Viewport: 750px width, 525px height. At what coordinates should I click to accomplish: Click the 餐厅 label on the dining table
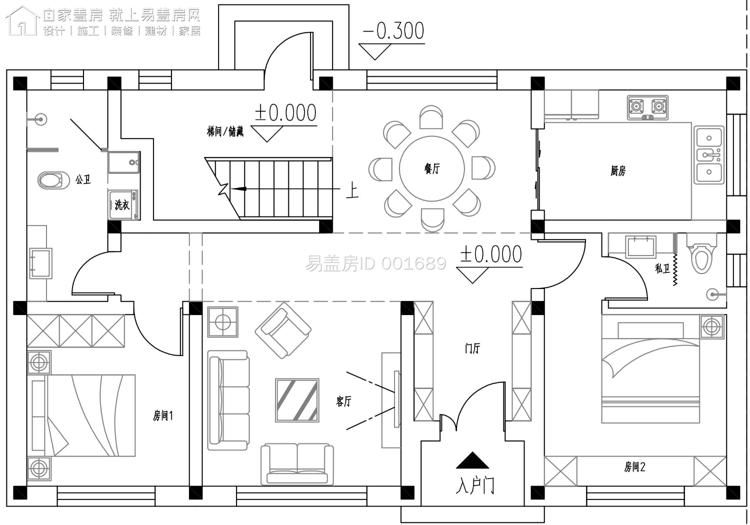pyautogui.click(x=431, y=168)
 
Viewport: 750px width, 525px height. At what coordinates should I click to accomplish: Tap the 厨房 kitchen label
pyautogui.click(x=617, y=171)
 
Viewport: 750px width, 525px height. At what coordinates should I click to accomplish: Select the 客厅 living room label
pyautogui.click(x=343, y=401)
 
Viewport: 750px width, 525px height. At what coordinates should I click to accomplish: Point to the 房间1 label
pyautogui.click(x=162, y=416)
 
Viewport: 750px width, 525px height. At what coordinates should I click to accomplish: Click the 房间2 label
pyautogui.click(x=635, y=466)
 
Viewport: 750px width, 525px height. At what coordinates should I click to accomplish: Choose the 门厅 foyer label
pyautogui.click(x=472, y=348)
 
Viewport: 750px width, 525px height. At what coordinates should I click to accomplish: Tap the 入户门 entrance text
pyautogui.click(x=475, y=486)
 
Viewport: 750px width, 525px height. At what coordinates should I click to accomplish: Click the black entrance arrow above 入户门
pyautogui.click(x=472, y=460)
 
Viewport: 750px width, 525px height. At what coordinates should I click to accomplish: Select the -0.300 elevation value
pyautogui.click(x=394, y=31)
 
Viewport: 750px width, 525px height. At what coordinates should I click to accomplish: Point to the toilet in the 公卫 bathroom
pyautogui.click(x=53, y=180)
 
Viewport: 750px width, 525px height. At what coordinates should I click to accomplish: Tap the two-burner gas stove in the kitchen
pyautogui.click(x=647, y=107)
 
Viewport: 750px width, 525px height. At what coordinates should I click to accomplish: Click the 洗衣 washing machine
pyautogui.click(x=123, y=204)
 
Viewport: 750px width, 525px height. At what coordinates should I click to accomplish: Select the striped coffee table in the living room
pyautogui.click(x=297, y=400)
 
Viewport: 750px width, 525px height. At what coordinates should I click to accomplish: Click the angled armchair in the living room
pyautogui.click(x=283, y=330)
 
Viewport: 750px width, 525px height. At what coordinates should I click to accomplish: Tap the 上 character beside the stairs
pyautogui.click(x=352, y=190)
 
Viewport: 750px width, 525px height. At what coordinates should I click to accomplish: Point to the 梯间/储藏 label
pyautogui.click(x=225, y=131)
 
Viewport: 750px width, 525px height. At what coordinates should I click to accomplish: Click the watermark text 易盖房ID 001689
pyautogui.click(x=375, y=263)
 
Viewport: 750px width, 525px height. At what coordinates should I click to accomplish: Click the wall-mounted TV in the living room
pyautogui.click(x=397, y=399)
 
